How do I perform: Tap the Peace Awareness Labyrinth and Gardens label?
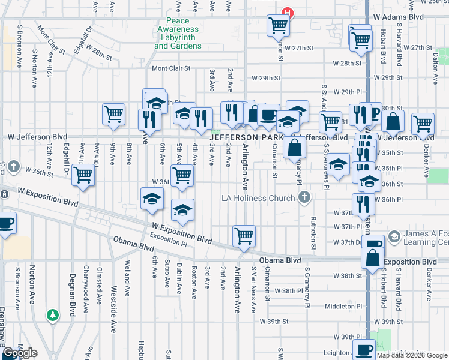(x=178, y=34)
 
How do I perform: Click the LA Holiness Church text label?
(x=259, y=198)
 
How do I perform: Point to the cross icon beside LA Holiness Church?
(x=305, y=197)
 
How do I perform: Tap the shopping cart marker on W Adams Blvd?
(x=279, y=25)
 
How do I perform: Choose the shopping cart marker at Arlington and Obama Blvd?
(x=244, y=235)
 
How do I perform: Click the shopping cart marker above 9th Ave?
(x=113, y=113)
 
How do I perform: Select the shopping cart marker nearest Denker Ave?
(x=423, y=123)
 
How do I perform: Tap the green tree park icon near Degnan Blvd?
(x=53, y=314)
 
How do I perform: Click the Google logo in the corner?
(x=19, y=353)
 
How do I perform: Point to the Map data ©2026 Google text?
(x=411, y=355)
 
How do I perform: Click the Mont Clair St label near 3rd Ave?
(x=171, y=69)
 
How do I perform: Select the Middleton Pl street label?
(x=342, y=306)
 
